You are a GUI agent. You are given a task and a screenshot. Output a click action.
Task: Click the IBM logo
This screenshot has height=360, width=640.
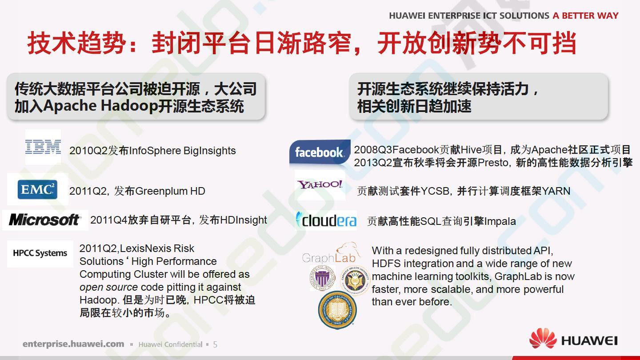click(43, 147)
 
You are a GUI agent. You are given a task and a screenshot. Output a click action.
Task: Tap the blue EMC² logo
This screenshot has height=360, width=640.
click(37, 189)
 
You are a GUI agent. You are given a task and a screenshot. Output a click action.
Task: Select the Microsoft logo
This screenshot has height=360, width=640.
click(45, 220)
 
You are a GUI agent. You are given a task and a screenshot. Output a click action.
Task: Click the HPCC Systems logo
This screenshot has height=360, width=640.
click(40, 253)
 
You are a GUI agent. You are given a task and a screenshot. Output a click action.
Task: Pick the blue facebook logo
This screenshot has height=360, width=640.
click(320, 152)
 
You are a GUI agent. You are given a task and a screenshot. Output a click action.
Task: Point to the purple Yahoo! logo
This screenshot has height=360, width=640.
click(320, 184)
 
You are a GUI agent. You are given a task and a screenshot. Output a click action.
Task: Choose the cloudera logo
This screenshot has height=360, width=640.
click(326, 220)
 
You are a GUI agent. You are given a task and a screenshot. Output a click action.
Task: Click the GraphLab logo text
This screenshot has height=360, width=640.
click(329, 257)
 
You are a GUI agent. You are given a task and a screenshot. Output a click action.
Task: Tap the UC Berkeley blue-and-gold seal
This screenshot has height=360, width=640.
click(337, 310)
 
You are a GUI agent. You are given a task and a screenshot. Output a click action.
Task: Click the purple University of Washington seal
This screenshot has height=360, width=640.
click(323, 278)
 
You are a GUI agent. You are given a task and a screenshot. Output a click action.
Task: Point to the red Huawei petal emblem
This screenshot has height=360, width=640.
click(543, 338)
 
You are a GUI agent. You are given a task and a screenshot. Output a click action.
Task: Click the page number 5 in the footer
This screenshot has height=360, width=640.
click(215, 344)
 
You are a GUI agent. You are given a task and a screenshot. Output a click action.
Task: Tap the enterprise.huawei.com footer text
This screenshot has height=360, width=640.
click(73, 344)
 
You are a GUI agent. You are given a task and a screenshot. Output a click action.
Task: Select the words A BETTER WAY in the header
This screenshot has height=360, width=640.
click(585, 16)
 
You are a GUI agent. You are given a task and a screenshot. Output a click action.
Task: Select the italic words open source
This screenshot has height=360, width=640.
click(108, 287)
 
